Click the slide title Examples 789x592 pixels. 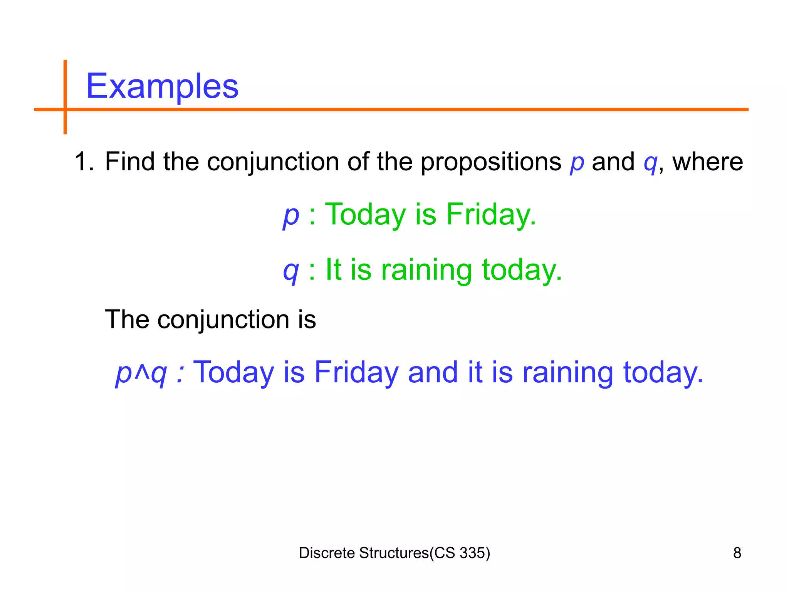[x=162, y=86]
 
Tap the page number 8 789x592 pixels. [x=737, y=553]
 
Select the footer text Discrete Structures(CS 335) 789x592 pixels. [x=394, y=553]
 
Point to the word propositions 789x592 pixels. [x=490, y=162]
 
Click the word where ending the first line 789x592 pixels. [x=707, y=162]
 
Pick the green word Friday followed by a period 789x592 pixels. [x=490, y=214]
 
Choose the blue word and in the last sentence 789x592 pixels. [x=433, y=372]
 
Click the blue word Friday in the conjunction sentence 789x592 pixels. [x=356, y=372]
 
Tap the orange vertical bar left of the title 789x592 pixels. [x=65, y=96]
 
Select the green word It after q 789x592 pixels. [x=333, y=269]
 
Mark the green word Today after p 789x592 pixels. [x=365, y=214]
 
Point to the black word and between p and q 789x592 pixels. [x=613, y=162]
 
